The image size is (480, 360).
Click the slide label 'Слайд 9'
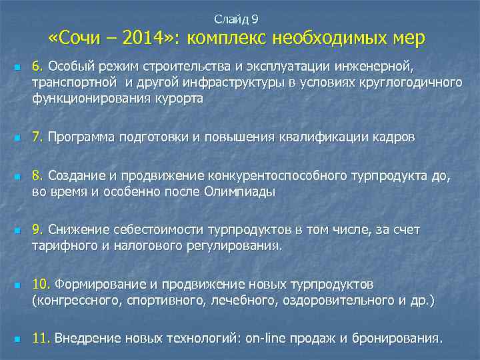coord(240,19)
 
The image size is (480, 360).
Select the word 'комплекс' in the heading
coord(227,39)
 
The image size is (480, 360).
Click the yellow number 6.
coord(37,67)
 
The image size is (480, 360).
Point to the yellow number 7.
coord(37,137)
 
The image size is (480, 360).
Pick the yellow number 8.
coord(37,177)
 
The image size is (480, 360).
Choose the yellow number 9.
coord(37,230)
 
